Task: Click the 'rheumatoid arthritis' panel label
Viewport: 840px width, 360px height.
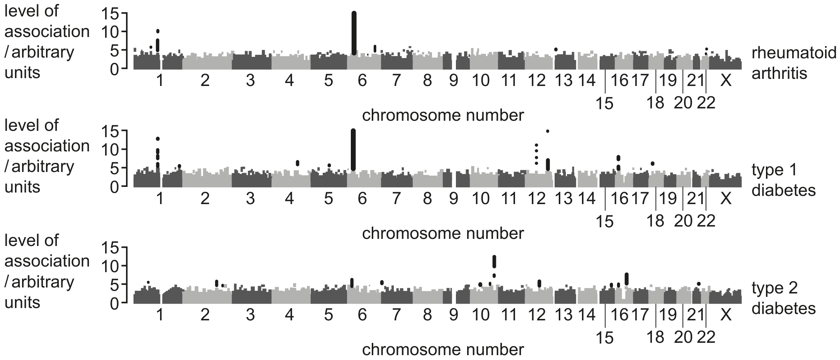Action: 794,63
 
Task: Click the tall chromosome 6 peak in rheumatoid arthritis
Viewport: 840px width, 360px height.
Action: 354,33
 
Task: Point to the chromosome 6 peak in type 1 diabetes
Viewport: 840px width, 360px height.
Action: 353,150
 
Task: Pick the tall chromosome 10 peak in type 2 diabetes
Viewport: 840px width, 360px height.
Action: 494,262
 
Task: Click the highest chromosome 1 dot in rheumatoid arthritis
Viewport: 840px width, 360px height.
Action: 158,31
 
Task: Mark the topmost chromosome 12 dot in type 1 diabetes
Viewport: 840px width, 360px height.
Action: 548,131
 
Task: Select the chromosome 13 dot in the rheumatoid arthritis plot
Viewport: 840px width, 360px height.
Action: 556,49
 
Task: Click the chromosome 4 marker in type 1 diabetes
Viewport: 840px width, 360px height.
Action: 297,163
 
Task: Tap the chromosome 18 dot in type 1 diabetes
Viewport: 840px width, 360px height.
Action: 652,163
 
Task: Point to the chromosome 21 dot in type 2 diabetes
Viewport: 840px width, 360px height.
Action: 699,284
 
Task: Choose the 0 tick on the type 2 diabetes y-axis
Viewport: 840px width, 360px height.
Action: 114,304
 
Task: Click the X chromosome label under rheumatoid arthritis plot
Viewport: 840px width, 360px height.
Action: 726,80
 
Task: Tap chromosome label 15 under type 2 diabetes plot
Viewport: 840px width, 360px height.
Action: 604,338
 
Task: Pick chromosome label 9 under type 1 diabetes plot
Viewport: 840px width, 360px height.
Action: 453,198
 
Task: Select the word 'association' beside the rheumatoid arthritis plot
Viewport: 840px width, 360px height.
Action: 47,31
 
